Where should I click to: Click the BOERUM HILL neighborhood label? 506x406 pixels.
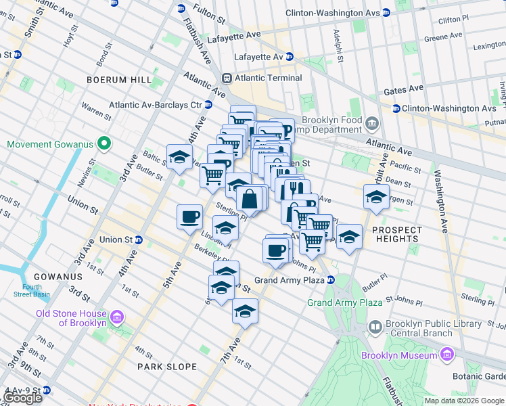(x=119, y=80)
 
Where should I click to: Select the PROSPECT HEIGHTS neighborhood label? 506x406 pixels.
(x=396, y=234)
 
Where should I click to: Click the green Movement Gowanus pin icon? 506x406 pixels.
(x=103, y=144)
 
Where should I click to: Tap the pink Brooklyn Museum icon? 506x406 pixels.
(x=446, y=355)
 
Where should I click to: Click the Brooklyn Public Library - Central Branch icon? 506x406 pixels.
(x=375, y=328)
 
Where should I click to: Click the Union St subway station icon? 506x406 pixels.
(x=139, y=240)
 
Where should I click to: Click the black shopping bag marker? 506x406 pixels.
(x=250, y=199)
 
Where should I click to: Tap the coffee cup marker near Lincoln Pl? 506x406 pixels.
(x=189, y=217)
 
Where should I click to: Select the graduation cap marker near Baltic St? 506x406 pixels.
(x=179, y=156)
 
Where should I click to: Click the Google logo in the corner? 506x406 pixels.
(x=22, y=398)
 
